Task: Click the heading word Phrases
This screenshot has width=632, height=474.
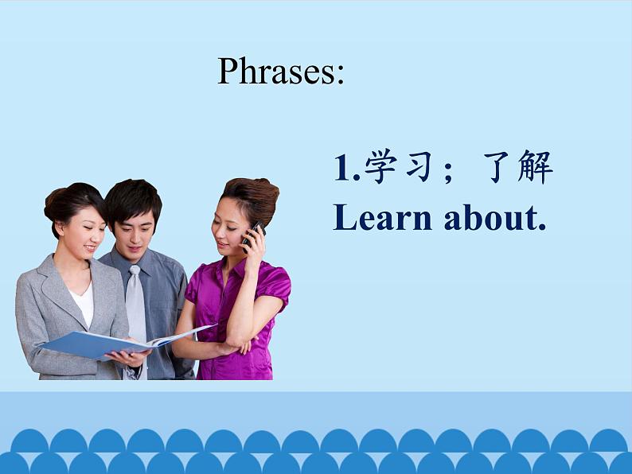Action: click(x=276, y=71)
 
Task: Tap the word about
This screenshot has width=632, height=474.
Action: click(x=490, y=217)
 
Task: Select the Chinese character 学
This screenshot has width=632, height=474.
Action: click(x=380, y=166)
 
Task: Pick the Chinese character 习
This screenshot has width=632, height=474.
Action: click(x=419, y=166)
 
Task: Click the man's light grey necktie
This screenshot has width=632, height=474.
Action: click(x=136, y=306)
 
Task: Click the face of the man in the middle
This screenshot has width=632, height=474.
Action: click(x=133, y=233)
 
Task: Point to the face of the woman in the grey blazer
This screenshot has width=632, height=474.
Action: click(x=84, y=235)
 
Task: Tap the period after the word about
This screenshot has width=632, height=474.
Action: click(x=542, y=227)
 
